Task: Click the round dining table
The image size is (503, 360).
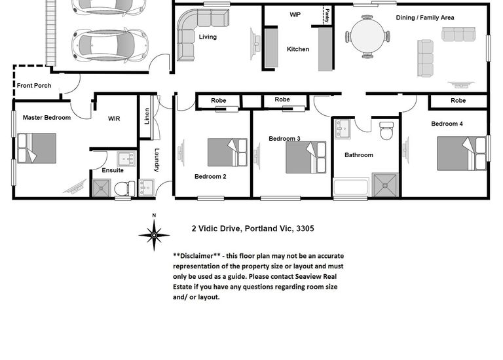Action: click(367, 37)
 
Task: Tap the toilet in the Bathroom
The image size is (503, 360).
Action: click(386, 130)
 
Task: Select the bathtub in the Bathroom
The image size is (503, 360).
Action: click(350, 188)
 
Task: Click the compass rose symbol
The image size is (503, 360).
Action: click(154, 234)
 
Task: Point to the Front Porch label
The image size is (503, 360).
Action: click(34, 86)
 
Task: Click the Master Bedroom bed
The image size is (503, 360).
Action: click(37, 148)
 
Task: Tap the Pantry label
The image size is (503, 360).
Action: click(327, 16)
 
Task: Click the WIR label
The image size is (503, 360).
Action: click(114, 118)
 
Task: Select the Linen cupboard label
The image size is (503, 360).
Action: click(147, 116)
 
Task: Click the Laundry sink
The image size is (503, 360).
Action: click(146, 188)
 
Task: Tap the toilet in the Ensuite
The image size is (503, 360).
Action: click(125, 189)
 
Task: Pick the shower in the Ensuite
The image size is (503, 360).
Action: click(102, 188)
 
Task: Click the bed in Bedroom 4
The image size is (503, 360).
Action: click(462, 154)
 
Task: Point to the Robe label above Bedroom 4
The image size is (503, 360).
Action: click(458, 101)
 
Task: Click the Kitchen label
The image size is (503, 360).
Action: click(298, 49)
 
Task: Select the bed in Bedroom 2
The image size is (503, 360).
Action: click(227, 153)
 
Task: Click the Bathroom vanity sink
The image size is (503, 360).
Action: click(343, 129)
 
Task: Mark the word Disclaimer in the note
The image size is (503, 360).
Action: click(196, 256)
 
